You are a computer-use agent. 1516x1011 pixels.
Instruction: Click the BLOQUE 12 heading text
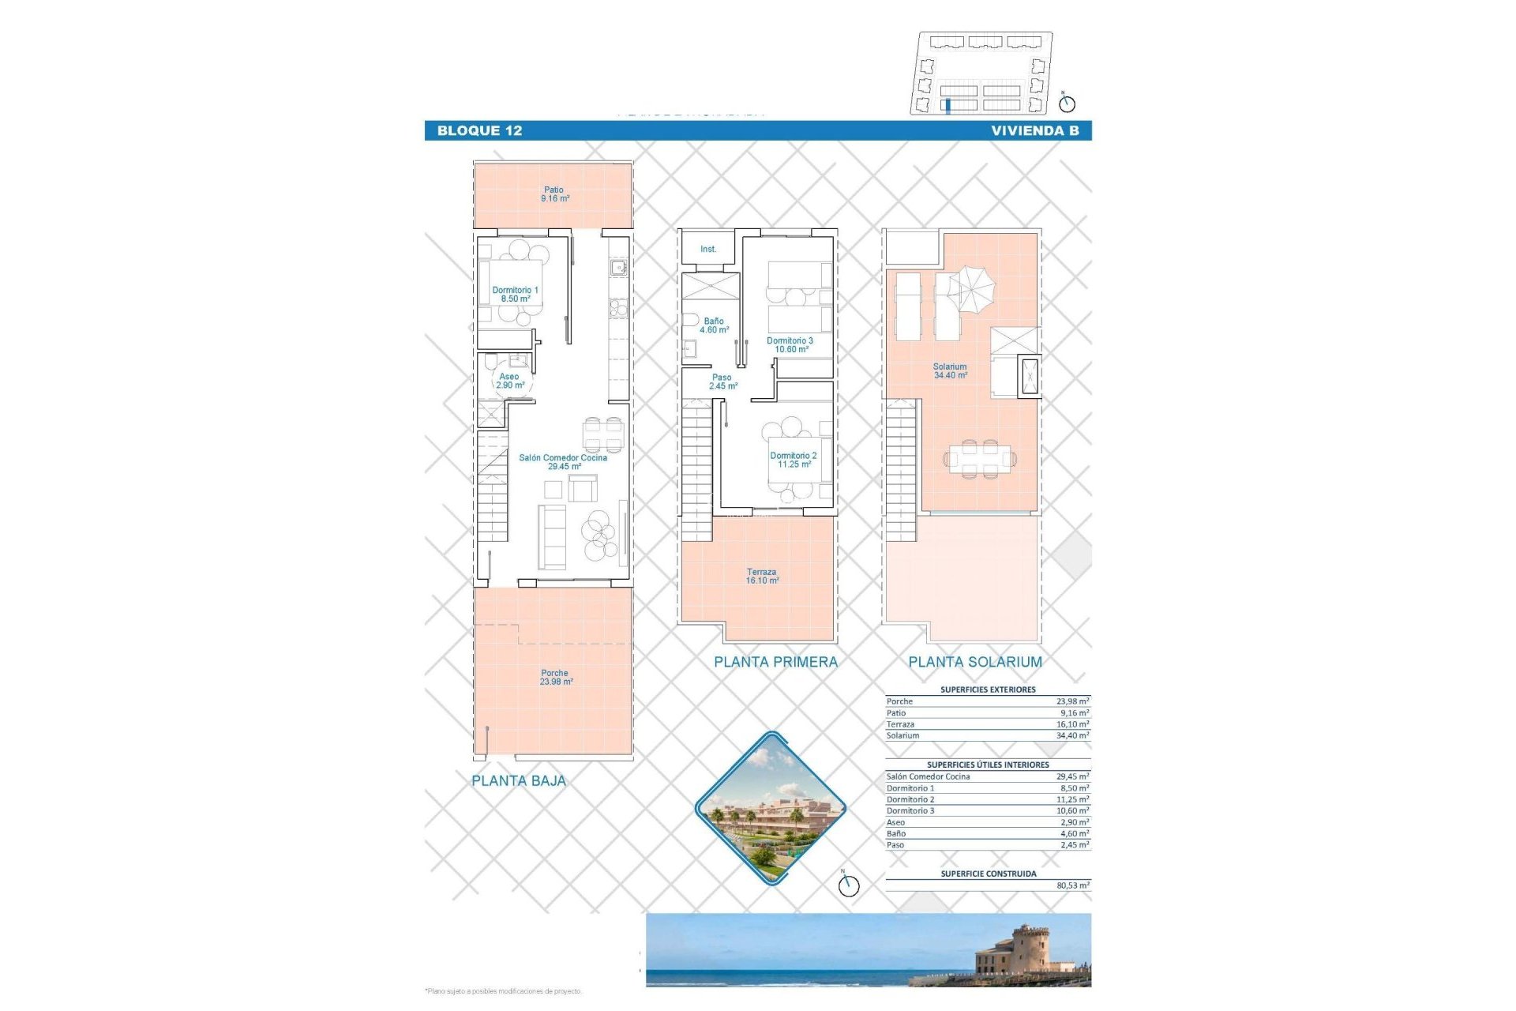coord(479,131)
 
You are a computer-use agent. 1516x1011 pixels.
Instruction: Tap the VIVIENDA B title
coord(1034,131)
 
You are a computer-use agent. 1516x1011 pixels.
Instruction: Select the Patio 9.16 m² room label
coord(554,194)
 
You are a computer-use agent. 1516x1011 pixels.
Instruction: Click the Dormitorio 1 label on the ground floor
coord(515,295)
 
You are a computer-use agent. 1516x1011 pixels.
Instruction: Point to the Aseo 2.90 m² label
coord(510,381)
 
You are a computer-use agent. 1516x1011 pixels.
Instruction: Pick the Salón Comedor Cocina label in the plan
coord(563,462)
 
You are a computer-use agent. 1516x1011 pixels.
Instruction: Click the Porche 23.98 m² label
coord(555,678)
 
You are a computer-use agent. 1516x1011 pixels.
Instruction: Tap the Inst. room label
coord(708,250)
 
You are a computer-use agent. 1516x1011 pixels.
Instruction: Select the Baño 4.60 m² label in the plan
coord(714,325)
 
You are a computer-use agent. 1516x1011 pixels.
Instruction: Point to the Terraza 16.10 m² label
coord(761,577)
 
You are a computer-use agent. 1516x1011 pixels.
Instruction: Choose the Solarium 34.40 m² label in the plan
coord(950,371)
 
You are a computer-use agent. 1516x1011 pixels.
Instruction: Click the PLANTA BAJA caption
coord(519,781)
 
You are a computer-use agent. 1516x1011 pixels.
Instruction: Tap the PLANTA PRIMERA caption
coord(775,663)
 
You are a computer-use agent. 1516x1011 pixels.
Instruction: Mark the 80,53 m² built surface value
coord(1073,886)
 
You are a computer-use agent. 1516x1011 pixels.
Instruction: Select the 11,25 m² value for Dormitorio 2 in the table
coord(1073,799)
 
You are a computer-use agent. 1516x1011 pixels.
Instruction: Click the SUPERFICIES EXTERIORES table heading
coord(988,690)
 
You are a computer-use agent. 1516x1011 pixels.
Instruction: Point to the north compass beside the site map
coord(1067,103)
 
